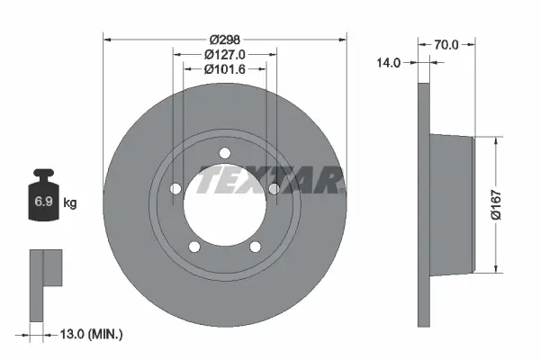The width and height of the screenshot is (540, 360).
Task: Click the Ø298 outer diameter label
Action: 225,40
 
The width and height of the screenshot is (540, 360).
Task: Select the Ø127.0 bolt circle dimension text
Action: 225,54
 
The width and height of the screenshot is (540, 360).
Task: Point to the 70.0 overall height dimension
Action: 446,43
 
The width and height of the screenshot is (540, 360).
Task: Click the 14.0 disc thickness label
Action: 389,63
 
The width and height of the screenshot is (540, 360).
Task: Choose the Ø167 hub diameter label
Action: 509,205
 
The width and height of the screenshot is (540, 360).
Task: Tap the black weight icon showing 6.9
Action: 43,200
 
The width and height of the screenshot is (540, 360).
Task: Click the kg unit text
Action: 69,203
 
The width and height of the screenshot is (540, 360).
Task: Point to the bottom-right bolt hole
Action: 255,246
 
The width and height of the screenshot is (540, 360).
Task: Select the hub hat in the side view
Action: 451,204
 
